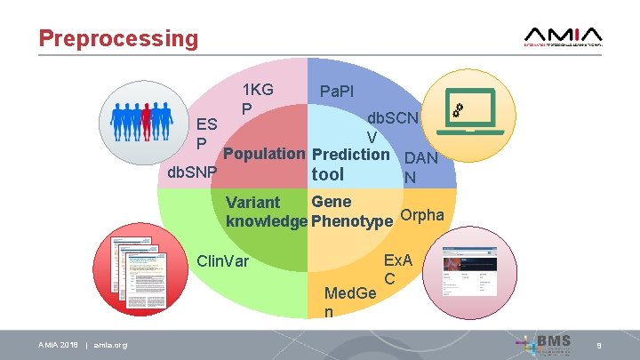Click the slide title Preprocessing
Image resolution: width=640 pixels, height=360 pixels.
118,38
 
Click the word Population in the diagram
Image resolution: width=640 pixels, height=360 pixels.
264,154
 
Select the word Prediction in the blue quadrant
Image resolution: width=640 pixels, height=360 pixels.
351,154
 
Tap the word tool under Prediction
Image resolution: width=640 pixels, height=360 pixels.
327,175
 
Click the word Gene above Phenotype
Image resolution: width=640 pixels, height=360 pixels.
331,202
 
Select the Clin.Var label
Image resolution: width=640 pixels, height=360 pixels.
222,261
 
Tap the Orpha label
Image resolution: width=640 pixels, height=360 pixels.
422,216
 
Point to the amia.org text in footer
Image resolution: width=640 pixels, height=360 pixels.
110,345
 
